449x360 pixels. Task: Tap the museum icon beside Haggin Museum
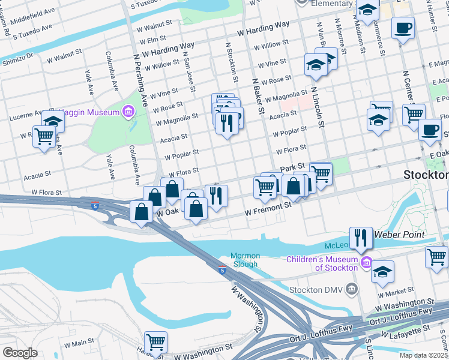[x=128, y=111]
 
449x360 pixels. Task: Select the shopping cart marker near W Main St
[x=155, y=343]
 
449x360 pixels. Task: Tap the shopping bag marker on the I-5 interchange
[x=142, y=212]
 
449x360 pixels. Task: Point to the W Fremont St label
[x=268, y=209]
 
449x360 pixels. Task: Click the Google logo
[x=20, y=353]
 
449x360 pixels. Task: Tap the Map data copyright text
[x=424, y=355]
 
